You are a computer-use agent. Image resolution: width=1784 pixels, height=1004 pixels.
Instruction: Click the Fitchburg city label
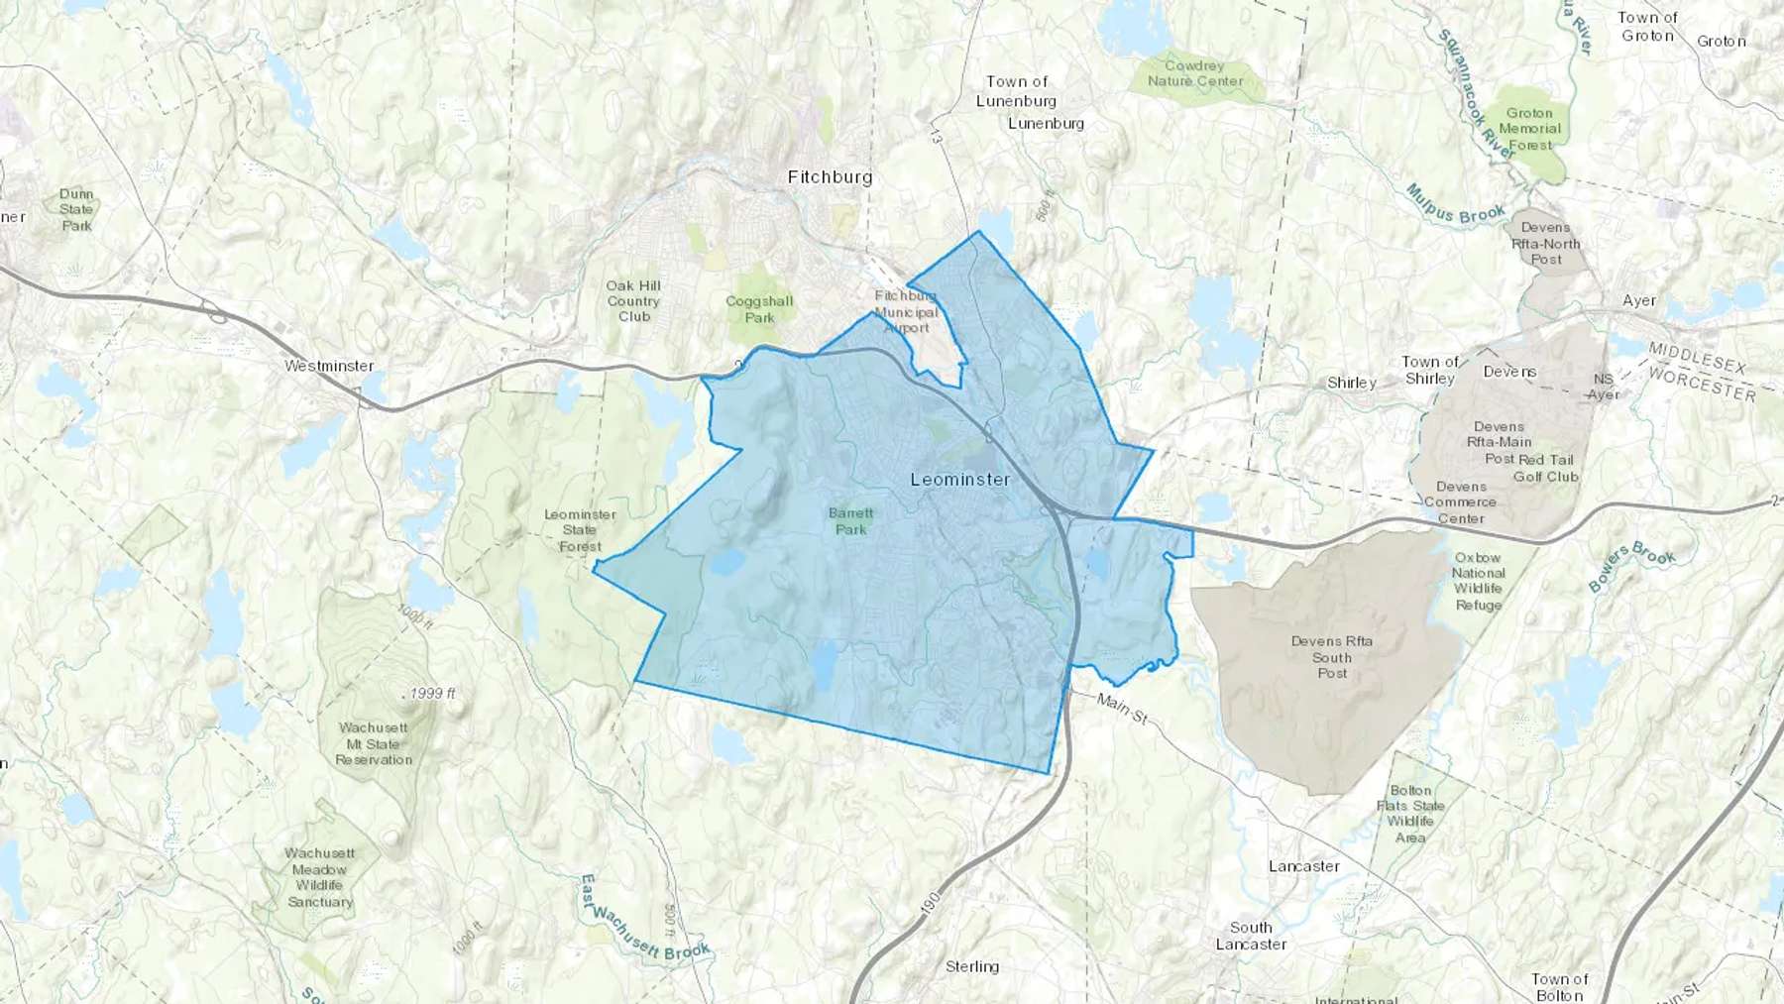(x=830, y=177)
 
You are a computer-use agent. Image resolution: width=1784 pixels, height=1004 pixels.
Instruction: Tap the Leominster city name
(x=960, y=480)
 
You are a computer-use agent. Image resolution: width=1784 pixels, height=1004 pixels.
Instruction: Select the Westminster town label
(x=329, y=366)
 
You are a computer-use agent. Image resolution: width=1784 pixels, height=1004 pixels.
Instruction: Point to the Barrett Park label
(x=850, y=521)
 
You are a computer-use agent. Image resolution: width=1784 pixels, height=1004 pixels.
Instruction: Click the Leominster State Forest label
(x=580, y=530)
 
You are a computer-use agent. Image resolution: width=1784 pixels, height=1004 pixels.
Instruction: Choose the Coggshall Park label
(x=759, y=309)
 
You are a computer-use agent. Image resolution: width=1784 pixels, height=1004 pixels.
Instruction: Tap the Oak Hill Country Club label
(x=633, y=301)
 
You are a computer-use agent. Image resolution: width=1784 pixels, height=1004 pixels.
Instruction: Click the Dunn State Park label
(x=76, y=210)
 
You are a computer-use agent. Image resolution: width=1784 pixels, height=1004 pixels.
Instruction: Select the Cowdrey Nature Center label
(x=1194, y=73)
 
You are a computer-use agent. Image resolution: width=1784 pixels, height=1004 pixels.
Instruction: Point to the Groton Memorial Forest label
(x=1529, y=129)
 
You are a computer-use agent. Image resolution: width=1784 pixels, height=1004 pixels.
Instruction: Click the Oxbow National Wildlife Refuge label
(x=1478, y=581)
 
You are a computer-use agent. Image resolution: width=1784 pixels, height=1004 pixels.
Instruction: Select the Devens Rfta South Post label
(x=1331, y=657)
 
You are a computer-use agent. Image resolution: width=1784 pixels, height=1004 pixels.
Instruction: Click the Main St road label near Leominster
(x=1122, y=708)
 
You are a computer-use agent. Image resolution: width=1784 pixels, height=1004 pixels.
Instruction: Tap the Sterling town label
(x=971, y=966)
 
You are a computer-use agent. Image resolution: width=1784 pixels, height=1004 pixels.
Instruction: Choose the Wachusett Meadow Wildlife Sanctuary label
(x=319, y=877)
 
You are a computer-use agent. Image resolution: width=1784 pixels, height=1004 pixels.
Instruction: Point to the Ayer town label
(x=1639, y=300)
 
